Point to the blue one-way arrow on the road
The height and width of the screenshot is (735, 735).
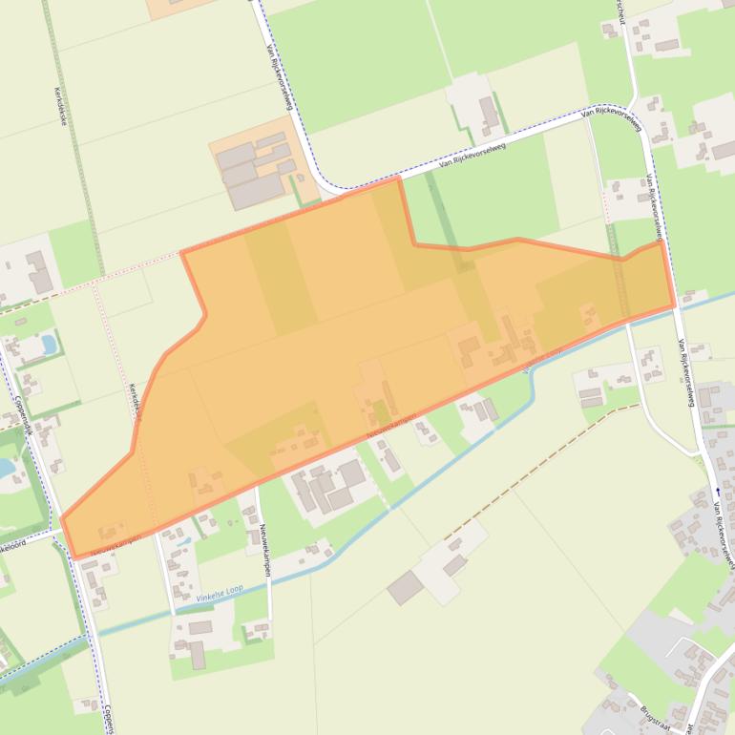[718, 491]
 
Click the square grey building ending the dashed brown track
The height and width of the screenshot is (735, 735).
[405, 587]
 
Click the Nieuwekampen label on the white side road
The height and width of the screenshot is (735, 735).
[263, 543]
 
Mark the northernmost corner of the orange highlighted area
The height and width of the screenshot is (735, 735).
[397, 178]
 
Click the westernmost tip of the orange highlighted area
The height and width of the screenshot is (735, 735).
[63, 521]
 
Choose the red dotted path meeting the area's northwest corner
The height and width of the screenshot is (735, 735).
[95, 278]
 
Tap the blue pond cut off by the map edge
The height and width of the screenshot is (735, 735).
[5, 468]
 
